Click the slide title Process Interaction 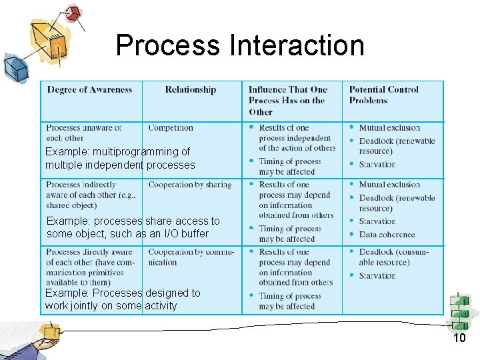(x=240, y=45)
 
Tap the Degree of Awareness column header (x=89, y=90)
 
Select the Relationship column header (x=191, y=90)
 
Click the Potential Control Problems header (x=384, y=95)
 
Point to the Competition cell (x=171, y=127)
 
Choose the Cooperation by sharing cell (x=190, y=185)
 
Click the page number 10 (x=459, y=339)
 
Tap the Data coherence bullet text (x=387, y=235)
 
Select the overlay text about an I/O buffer (x=127, y=233)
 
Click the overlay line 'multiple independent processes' (x=120, y=165)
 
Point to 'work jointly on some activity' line (x=111, y=306)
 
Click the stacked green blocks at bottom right (x=460, y=311)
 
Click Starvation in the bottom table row (x=377, y=275)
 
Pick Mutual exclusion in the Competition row (x=389, y=127)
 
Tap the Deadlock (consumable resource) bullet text (x=393, y=257)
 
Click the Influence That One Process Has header (x=287, y=101)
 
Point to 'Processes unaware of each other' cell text (x=84, y=132)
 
